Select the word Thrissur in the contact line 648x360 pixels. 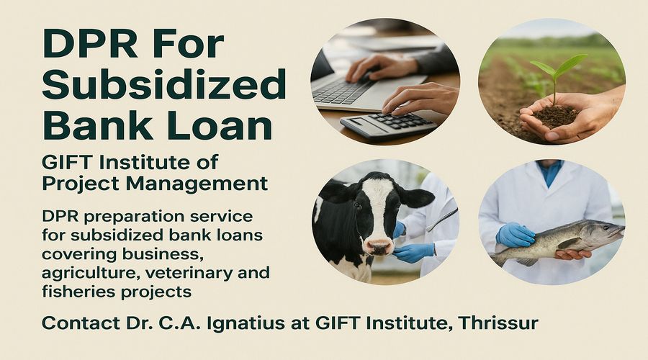coord(498,323)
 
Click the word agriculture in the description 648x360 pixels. coord(91,273)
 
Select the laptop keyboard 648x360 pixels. coord(342,90)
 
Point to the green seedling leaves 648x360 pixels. coord(558,66)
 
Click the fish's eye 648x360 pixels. coord(606,227)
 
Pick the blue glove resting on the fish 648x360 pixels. coord(515,235)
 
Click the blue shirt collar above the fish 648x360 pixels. coord(550,171)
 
